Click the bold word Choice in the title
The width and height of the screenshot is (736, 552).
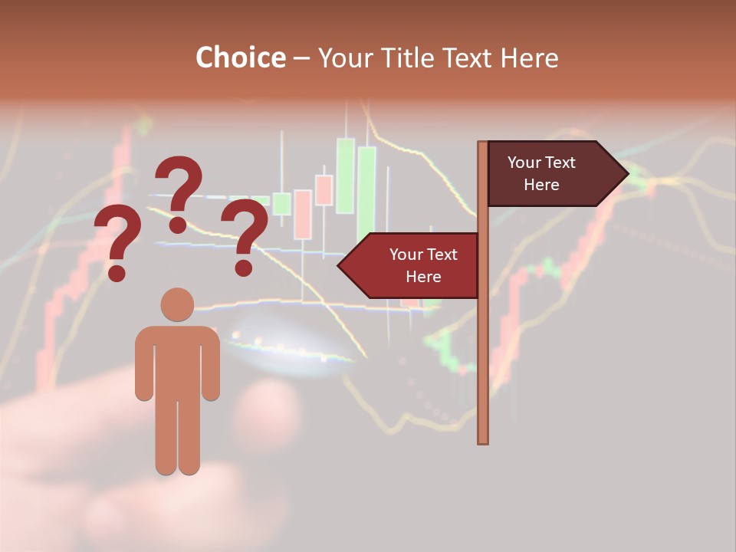[x=240, y=58]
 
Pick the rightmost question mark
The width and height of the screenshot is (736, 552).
[x=245, y=236]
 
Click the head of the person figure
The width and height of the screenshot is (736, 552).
[x=177, y=304]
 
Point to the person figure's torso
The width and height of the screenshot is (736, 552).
[x=177, y=360]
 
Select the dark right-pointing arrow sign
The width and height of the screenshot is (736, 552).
[x=552, y=174]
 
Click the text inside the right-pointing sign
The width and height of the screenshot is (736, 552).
[x=541, y=173]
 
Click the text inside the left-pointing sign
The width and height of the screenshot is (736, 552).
[x=423, y=265]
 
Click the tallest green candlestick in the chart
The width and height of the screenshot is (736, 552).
[x=346, y=175]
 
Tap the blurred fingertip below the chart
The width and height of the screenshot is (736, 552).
[x=268, y=406]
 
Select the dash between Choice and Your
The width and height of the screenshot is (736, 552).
[x=301, y=58]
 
